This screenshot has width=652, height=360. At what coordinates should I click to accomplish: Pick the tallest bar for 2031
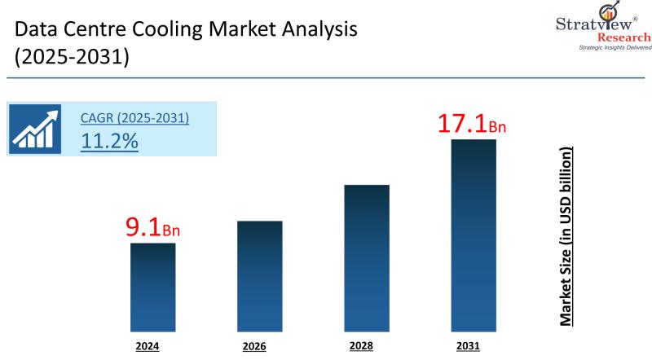click(474, 236)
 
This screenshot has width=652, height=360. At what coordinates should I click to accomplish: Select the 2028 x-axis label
click(361, 346)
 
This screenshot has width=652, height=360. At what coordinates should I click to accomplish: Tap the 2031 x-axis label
click(468, 346)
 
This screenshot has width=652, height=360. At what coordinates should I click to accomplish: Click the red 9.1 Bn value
click(152, 228)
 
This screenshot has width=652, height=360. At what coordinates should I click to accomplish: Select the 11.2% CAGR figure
click(109, 140)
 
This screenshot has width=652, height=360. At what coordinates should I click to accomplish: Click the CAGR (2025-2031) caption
click(134, 118)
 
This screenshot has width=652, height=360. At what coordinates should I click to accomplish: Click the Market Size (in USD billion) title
click(566, 237)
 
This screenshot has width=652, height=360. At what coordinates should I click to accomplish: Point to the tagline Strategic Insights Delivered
click(615, 49)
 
